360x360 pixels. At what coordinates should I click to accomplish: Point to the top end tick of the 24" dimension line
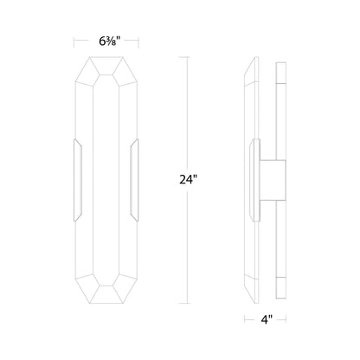tap(183, 58)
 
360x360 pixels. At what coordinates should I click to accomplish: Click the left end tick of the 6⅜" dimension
tap(74, 40)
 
